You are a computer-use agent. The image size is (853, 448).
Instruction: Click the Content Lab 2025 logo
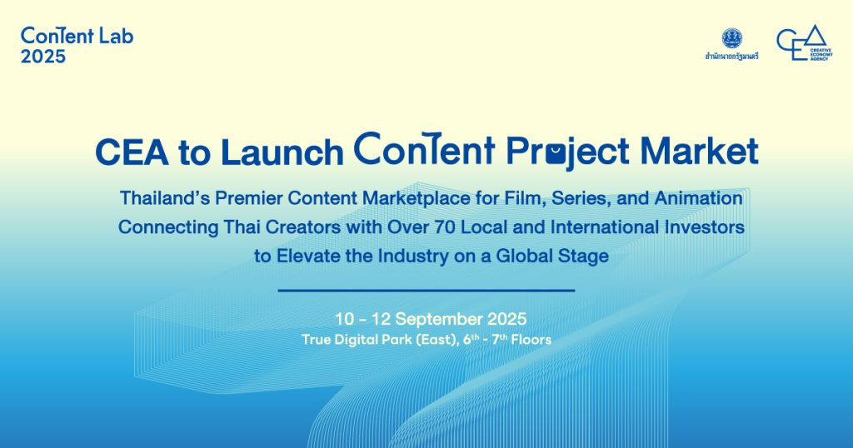77,45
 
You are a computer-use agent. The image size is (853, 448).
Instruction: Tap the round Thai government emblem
731,38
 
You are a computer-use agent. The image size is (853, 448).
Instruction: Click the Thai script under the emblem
731,56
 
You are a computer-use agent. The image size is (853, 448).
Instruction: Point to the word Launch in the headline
282,152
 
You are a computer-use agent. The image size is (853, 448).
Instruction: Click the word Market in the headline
699,152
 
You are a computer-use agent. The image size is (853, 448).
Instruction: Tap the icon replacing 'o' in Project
556,154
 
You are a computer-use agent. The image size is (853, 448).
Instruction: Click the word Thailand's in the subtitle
164,198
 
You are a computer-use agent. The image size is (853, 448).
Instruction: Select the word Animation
699,198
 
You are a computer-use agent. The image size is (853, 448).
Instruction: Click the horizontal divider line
426,291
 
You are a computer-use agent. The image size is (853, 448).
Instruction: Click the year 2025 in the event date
507,319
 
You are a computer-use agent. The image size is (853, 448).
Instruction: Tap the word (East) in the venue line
436,340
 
